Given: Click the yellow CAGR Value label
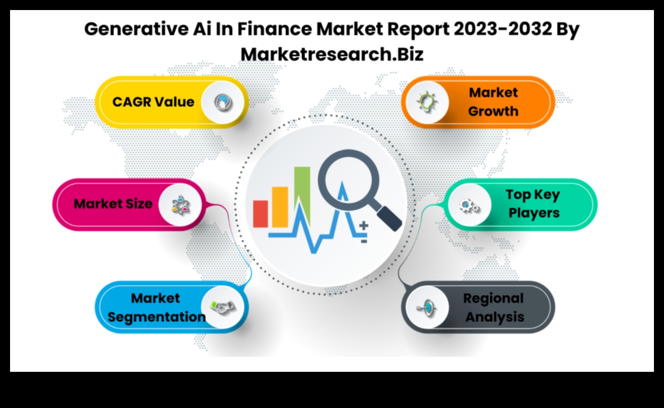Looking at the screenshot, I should click(153, 102).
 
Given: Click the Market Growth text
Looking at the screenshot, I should click(493, 102).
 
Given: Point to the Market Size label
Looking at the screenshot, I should click(113, 204).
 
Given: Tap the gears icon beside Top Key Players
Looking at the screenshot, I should click(468, 205).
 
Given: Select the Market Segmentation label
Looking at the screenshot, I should click(156, 308).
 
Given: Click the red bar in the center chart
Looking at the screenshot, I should click(261, 214).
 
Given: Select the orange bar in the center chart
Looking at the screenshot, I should click(280, 207).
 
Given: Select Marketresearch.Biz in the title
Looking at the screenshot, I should click(332, 54).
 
